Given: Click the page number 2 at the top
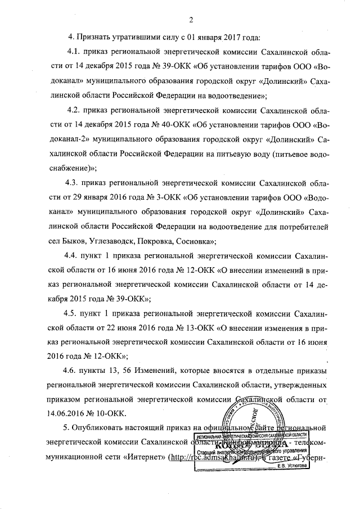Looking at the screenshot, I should pyautogui.click(x=191, y=21).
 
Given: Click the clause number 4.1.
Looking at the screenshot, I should pyautogui.click(x=75, y=52).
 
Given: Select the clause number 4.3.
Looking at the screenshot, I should pyautogui.click(x=73, y=183).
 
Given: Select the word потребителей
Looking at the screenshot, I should pyautogui.click(x=301, y=227).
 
